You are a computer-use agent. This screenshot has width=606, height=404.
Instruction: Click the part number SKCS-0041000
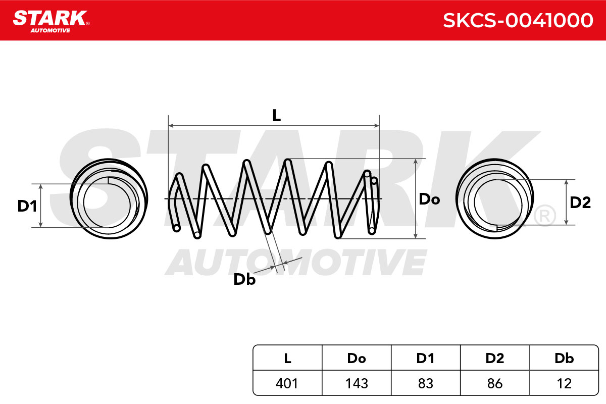(518, 21)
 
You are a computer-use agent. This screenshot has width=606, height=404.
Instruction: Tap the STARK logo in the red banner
(51, 22)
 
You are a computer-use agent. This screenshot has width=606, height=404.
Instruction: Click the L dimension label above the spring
(276, 116)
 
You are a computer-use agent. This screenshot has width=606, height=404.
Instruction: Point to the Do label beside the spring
(429, 199)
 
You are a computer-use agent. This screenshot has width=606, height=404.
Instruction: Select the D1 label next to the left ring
(27, 206)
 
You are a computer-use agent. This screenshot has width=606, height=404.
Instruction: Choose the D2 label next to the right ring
(580, 203)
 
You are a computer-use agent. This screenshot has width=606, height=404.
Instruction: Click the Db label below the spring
(244, 279)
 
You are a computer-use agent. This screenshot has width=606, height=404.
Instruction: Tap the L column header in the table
(287, 358)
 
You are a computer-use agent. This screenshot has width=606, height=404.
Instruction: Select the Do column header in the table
(357, 358)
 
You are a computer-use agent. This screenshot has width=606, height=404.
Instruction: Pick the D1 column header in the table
(426, 358)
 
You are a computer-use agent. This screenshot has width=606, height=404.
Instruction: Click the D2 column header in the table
(495, 358)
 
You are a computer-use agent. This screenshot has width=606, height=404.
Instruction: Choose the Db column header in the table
(564, 358)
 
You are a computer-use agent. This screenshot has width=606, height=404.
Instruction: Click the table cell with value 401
(287, 383)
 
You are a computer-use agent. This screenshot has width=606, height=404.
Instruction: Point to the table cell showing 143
(357, 383)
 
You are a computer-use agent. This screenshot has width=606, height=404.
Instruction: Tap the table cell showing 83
(426, 383)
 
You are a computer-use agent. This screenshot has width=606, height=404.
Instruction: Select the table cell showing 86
(495, 383)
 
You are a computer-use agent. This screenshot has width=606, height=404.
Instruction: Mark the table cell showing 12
(564, 383)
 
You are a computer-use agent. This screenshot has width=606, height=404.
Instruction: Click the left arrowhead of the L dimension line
(171, 126)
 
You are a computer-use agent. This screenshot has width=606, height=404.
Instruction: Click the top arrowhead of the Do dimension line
(416, 161)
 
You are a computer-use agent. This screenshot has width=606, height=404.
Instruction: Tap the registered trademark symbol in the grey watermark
(545, 216)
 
